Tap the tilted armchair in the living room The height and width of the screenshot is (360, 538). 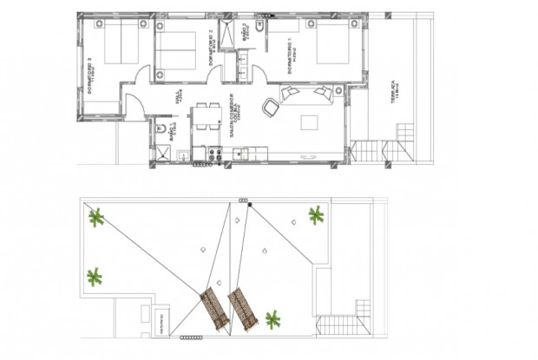pos(271,107)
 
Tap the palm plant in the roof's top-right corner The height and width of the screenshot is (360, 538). pos(317,214)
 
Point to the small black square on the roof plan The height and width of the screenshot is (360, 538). pos(250,206)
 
